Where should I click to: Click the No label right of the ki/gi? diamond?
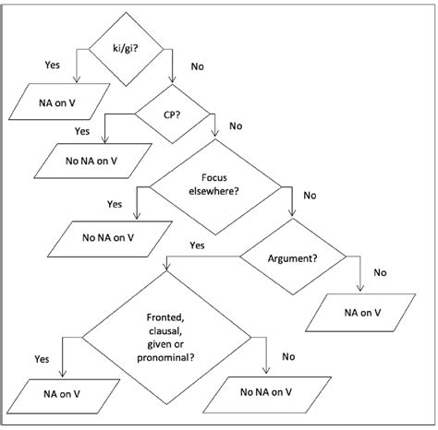click(x=196, y=66)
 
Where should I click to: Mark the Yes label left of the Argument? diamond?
click(x=196, y=246)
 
